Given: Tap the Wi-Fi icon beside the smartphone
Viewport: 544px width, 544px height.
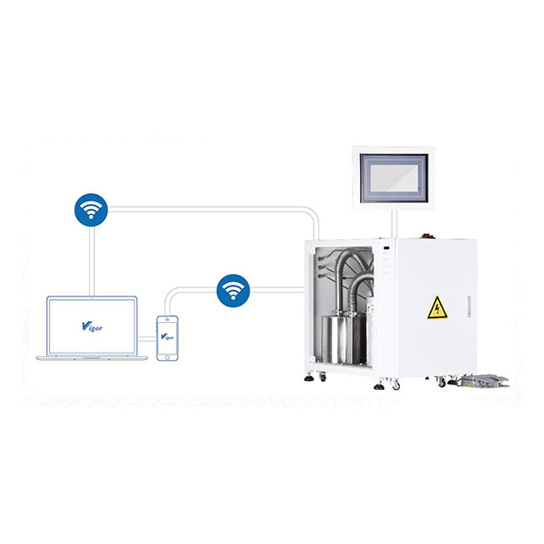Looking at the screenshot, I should click(234, 290).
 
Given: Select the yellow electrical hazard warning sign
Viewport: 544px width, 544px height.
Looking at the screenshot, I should click(437, 308).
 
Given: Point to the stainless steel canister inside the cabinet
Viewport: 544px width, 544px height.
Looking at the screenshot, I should click(337, 340).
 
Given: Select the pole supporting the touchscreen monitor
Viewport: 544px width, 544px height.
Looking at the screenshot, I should click(392, 222).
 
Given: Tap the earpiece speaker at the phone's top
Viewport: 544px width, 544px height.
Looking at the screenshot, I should click(166, 319).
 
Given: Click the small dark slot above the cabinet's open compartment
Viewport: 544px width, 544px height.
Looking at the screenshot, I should click(386, 248).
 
